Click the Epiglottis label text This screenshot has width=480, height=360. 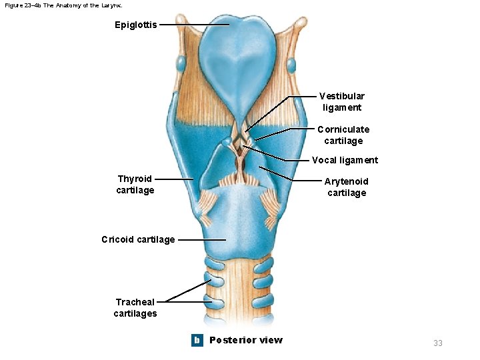(x=136, y=25)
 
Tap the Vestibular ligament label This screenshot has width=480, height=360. (x=341, y=102)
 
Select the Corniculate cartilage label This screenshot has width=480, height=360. (x=343, y=135)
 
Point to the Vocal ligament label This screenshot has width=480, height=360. (x=345, y=160)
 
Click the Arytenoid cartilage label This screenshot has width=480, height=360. (x=346, y=187)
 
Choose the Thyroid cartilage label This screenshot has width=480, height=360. (x=135, y=184)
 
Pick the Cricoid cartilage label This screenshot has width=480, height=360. (x=138, y=239)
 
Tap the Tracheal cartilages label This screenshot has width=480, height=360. (x=135, y=307)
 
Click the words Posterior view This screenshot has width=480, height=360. (x=246, y=340)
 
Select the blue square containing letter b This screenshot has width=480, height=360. (x=197, y=340)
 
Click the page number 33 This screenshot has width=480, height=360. (x=438, y=343)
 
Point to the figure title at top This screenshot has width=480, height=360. (x=63, y=5)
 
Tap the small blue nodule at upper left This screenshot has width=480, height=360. (x=181, y=64)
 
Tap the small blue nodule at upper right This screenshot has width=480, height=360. (x=291, y=65)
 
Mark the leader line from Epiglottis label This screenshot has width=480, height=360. (x=193, y=25)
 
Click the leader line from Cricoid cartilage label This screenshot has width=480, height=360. (x=201, y=239)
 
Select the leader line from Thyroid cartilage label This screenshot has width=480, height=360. (x=173, y=179)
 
